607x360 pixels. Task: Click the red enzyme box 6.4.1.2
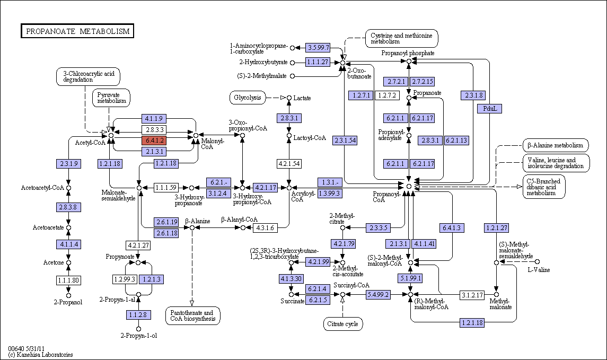(154, 140)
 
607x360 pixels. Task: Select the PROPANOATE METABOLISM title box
(77, 31)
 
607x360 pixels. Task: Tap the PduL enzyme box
(490, 109)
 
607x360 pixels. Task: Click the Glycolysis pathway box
(248, 98)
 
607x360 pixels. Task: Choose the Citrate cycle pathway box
(343, 324)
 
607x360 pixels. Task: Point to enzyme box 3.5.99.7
(318, 48)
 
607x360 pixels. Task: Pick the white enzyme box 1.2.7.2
(387, 95)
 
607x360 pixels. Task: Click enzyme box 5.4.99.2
(378, 295)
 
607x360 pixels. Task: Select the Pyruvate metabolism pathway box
(111, 98)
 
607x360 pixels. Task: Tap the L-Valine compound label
(539, 270)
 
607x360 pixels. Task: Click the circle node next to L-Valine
(537, 262)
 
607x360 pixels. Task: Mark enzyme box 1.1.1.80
(68, 280)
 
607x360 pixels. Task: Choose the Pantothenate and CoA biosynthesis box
(193, 316)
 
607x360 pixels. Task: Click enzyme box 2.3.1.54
(345, 141)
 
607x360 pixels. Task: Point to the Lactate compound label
(302, 98)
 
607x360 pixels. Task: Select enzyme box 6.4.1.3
(452, 228)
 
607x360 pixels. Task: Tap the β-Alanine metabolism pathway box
(556, 146)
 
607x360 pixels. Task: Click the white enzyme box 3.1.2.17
(472, 295)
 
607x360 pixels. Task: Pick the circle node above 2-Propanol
(68, 296)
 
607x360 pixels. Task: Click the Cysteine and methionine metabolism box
(402, 38)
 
